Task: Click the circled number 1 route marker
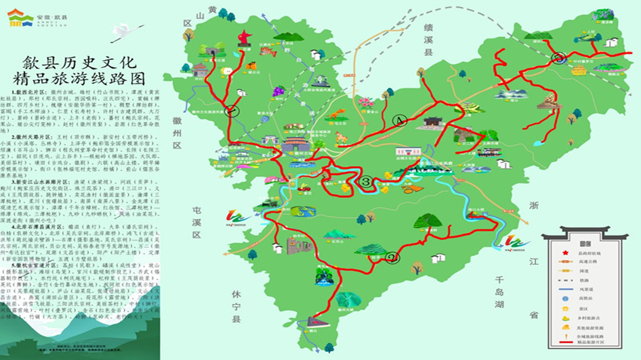(232, 111)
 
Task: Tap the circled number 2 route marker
(392, 258)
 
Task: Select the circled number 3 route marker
(365, 181)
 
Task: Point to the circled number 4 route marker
(400, 121)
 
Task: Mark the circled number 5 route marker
(559, 59)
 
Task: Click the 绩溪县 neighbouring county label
(429, 38)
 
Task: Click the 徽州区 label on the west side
(177, 133)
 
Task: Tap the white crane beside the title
(122, 33)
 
